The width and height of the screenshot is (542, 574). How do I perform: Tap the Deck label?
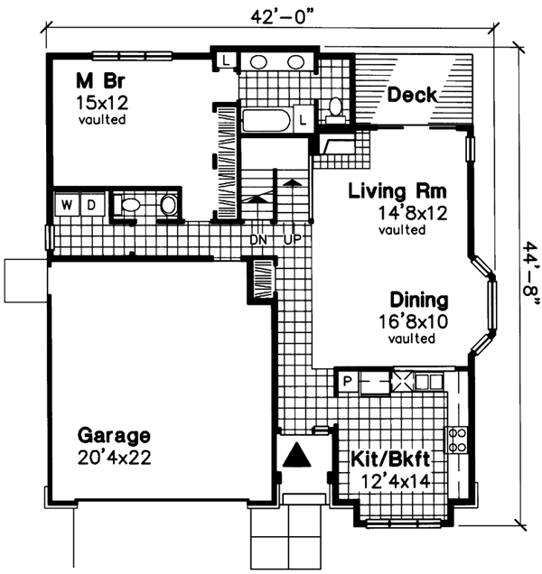412,95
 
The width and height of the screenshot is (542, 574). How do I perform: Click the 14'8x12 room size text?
401,213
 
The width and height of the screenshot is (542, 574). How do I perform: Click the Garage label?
113,436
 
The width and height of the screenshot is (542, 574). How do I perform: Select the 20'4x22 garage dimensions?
114,458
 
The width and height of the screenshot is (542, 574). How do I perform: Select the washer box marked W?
67,205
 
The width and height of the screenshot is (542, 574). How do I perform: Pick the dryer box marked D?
90,205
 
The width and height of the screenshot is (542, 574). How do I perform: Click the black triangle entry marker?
297,456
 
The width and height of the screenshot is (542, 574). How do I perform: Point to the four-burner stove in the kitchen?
459,439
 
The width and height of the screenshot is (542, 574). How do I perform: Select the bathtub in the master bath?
265,119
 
